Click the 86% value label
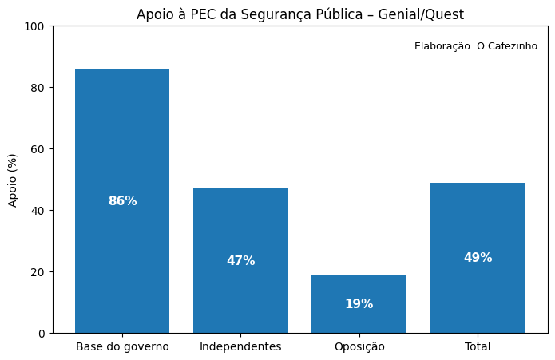point(122,201)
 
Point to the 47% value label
point(240,261)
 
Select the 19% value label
point(359,304)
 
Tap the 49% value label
point(478,258)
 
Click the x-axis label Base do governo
point(122,346)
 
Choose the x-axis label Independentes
point(240,346)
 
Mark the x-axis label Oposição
point(359,346)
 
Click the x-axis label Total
point(478,346)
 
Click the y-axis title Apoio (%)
point(13,180)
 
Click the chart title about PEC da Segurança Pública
point(299,14)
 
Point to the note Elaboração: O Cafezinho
point(475,46)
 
